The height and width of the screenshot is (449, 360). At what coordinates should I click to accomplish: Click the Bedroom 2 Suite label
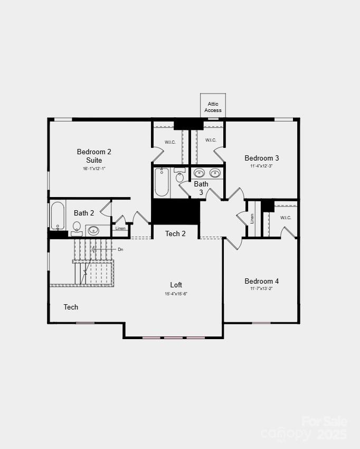(94, 156)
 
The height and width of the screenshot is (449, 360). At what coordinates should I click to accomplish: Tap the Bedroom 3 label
(261, 158)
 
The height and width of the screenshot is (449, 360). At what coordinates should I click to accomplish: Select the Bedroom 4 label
(261, 281)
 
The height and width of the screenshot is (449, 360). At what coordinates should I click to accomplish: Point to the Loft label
(176, 285)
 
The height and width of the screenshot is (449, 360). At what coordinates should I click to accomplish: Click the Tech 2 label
(175, 233)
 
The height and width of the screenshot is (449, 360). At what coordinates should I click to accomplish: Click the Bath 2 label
(84, 213)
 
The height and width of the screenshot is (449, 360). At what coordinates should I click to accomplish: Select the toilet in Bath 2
(77, 228)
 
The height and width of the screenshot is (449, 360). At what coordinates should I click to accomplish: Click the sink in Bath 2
(93, 230)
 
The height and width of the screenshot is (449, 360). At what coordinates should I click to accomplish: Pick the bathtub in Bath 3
(162, 182)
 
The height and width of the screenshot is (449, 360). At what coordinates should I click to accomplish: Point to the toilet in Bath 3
(179, 176)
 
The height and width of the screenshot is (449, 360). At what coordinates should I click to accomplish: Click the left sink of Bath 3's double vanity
(199, 173)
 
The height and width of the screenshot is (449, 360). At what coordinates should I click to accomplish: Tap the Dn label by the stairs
(120, 249)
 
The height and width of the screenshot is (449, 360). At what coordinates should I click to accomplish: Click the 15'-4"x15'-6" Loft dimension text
(176, 294)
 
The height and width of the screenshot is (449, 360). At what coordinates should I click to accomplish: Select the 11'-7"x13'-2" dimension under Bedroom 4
(261, 289)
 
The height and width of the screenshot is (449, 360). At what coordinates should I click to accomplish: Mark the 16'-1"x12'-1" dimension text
(94, 169)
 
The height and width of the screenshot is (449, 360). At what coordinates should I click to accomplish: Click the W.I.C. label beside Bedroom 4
(285, 218)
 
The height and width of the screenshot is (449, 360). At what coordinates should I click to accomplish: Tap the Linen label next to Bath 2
(120, 228)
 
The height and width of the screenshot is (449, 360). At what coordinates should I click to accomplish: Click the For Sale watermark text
(324, 422)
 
